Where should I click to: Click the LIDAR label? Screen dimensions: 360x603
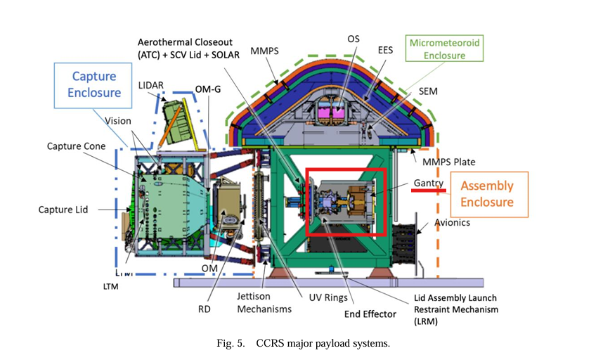(151, 85)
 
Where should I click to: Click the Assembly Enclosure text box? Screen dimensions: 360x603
(487, 194)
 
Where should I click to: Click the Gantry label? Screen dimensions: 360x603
(429, 183)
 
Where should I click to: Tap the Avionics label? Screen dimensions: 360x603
(452, 223)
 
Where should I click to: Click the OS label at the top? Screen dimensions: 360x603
(354, 39)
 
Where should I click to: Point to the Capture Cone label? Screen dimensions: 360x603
(76, 146)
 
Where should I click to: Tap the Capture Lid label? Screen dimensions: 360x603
(64, 209)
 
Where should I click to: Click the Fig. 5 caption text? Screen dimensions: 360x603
(303, 344)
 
